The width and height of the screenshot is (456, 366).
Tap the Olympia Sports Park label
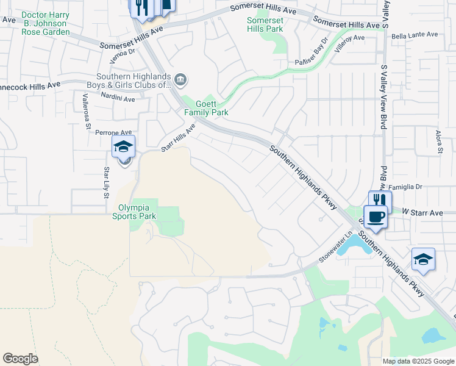137,212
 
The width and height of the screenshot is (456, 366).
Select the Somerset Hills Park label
265,24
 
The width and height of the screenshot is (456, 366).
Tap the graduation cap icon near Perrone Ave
123,147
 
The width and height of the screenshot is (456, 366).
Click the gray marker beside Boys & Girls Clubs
180,79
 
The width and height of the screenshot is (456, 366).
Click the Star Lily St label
106,182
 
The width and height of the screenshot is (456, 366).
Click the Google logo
20,359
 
